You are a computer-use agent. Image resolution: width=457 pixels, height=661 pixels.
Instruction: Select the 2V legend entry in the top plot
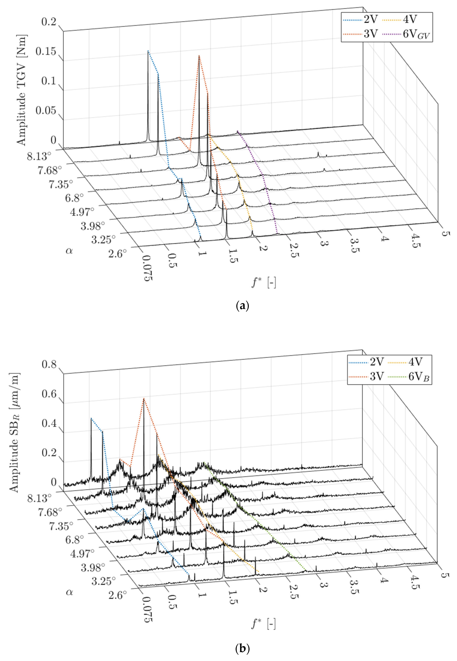point(371,19)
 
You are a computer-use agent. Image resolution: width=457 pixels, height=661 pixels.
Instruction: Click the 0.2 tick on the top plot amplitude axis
point(49,22)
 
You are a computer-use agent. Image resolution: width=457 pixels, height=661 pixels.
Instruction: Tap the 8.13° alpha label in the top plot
point(39,156)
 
